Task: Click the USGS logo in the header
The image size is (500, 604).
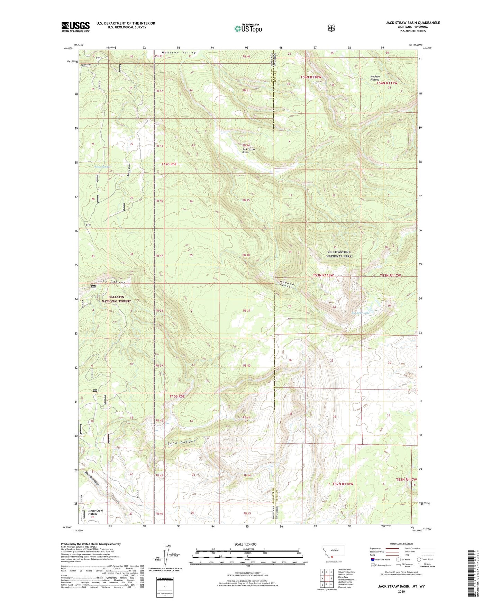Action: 75,27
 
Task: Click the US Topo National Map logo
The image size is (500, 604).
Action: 248,28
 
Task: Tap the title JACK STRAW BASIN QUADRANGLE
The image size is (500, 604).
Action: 413,23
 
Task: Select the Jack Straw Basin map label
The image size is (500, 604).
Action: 248,151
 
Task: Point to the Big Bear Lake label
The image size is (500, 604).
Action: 360,313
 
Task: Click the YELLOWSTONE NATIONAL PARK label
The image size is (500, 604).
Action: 339,254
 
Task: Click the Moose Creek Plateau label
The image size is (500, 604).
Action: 96,512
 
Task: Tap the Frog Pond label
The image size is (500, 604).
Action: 102,167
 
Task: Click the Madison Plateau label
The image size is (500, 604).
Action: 375,78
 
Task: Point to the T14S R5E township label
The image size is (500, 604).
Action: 169,164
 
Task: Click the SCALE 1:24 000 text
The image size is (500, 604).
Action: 245,544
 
